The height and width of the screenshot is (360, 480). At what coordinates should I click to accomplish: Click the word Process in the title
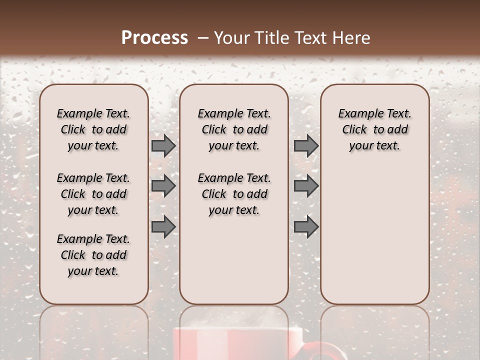point(154,38)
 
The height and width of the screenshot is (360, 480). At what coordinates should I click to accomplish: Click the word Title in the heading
point(270,38)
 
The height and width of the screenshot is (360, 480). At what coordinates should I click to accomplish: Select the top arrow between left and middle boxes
point(163,145)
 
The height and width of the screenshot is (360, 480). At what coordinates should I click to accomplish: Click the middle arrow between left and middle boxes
point(163,186)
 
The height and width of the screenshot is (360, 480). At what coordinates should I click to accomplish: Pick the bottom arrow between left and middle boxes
point(163,226)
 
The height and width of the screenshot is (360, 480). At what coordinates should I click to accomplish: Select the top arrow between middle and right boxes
point(306,145)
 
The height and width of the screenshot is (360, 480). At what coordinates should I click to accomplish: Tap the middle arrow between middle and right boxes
point(306,186)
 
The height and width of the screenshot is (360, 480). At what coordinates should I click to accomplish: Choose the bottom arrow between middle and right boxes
point(306,226)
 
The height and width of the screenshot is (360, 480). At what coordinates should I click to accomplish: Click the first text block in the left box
point(93,129)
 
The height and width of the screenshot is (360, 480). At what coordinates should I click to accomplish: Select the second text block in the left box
point(93,194)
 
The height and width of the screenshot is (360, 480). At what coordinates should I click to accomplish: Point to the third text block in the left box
point(93,255)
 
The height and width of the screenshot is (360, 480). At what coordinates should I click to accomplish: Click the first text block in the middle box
point(234,129)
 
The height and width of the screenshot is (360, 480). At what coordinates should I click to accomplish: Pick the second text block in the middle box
point(234,194)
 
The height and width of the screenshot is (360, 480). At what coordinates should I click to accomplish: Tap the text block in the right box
point(374,129)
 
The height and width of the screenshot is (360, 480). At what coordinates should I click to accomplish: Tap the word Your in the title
point(232,38)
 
